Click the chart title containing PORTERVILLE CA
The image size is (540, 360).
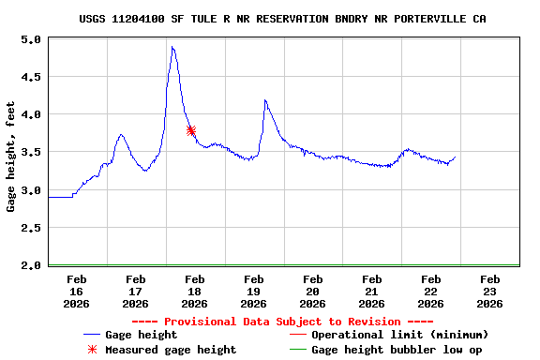pos(282,19)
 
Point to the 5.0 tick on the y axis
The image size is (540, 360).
pos(31,40)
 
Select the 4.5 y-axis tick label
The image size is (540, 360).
pos(31,78)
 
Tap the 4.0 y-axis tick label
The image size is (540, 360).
pos(31,115)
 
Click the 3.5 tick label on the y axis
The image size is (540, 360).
pos(31,153)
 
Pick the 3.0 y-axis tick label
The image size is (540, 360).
pos(31,190)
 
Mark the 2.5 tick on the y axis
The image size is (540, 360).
pos(31,228)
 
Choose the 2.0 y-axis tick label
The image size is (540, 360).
pos(31,265)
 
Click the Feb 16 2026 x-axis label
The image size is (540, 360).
pos(77,291)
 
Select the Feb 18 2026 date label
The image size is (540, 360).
pos(195,291)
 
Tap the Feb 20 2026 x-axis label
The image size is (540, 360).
pos(313,291)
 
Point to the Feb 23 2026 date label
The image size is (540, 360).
pos(489,291)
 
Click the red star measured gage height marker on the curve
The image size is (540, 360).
pos(191,131)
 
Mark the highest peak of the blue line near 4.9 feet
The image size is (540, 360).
pos(172,48)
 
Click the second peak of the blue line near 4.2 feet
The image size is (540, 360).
pos(265,99)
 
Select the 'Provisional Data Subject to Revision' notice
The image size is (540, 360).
pos(282,322)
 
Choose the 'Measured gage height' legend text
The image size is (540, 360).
pos(171,350)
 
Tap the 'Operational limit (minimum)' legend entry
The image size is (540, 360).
pos(399,335)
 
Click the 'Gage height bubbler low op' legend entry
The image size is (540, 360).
pos(397,350)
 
